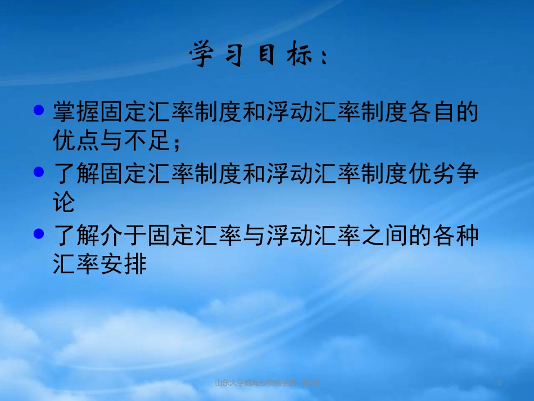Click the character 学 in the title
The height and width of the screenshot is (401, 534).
[204, 55]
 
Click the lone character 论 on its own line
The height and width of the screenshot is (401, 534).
[64, 202]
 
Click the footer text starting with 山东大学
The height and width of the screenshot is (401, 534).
[268, 383]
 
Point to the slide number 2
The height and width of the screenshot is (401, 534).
[500, 383]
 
